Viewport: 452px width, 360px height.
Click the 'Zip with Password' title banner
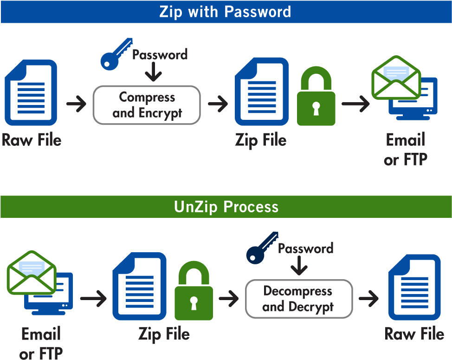[x=226, y=12]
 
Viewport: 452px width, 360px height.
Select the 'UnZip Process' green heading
[x=226, y=207]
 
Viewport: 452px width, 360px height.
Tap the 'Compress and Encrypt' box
[x=147, y=105]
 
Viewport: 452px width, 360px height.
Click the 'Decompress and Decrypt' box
[x=298, y=299]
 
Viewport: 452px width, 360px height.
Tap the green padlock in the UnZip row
[x=194, y=291]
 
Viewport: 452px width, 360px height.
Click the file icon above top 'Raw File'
[x=31, y=93]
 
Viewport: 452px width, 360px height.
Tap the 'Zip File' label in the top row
[x=261, y=140]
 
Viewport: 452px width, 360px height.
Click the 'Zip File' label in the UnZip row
[x=164, y=334]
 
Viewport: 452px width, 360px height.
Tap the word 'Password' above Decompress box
[x=305, y=249]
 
